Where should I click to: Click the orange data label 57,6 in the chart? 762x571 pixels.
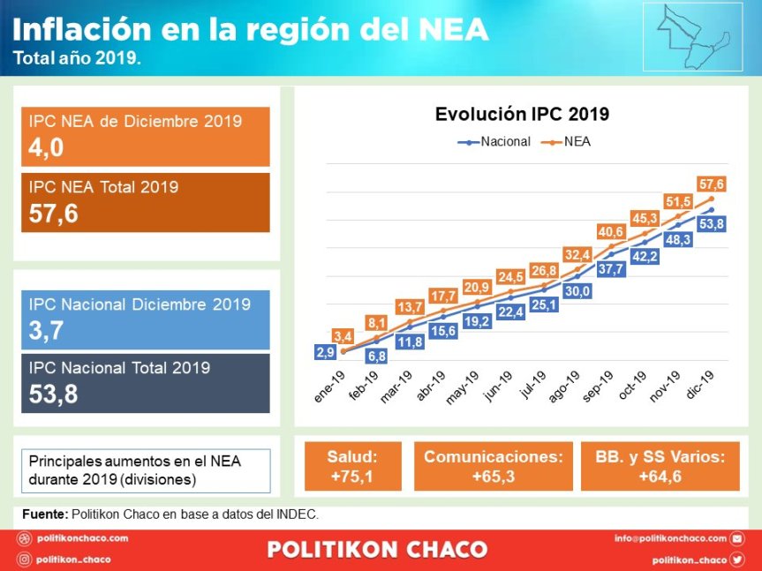click(x=711, y=184)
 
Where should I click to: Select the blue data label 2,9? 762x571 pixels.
click(x=325, y=352)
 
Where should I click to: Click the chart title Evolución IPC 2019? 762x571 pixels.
click(x=522, y=114)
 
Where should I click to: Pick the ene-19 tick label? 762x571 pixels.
click(x=332, y=387)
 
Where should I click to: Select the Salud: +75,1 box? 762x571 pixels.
click(x=351, y=467)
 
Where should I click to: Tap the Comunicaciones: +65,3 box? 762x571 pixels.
click(x=493, y=467)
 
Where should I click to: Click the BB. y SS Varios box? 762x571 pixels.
click(x=660, y=467)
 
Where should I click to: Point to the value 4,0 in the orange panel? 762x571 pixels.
click(x=46, y=148)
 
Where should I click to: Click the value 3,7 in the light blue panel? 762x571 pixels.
click(x=46, y=331)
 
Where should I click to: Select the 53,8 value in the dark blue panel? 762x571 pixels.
click(x=53, y=394)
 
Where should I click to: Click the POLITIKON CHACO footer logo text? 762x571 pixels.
click(x=377, y=549)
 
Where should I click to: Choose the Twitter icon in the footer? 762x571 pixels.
click(x=737, y=560)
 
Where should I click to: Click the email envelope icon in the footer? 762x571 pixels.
click(x=737, y=537)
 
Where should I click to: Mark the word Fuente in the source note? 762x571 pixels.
click(x=43, y=514)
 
